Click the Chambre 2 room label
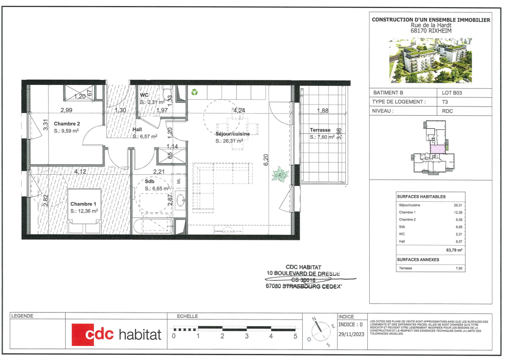pos(67,124)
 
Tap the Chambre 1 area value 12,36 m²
pos(84,211)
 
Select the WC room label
pos(144,95)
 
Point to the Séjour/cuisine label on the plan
pos(233,134)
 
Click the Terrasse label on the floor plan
pos(320,130)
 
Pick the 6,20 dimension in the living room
pos(265,160)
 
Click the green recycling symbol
pos(194,92)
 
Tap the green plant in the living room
pos(280,175)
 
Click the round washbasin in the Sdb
pos(180,198)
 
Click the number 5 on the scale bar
pos(295,336)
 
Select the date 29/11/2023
pos(351,335)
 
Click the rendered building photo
pos(430,60)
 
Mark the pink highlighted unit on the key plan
pos(438,149)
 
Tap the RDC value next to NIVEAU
pos(448,111)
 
